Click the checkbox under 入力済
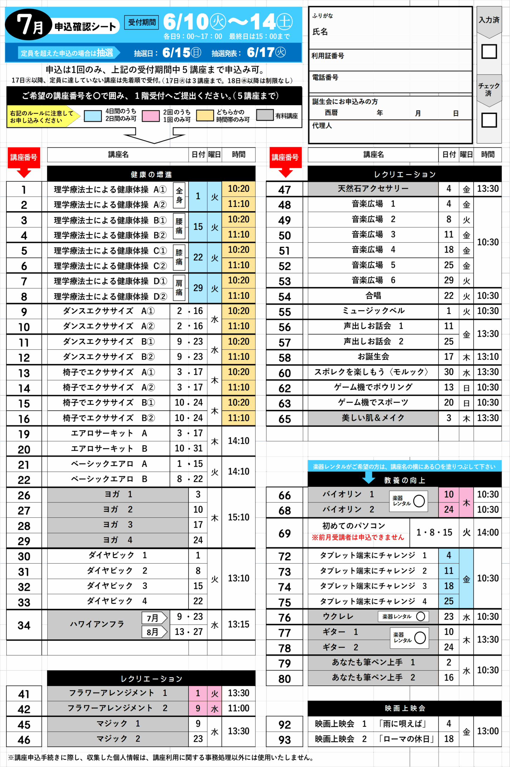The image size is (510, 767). click(489, 52)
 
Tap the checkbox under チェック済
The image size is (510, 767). click(489, 120)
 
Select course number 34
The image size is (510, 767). click(24, 625)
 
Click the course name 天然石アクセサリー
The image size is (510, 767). click(373, 188)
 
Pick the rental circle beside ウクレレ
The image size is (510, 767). click(421, 616)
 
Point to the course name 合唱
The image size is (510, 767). click(373, 295)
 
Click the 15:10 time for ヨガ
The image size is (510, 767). click(238, 517)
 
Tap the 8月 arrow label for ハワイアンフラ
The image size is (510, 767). click(154, 632)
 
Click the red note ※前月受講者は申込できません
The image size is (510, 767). click(358, 537)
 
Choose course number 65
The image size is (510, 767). click(284, 419)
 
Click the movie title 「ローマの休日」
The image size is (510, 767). click(407, 739)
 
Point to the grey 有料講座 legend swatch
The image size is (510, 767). click(264, 115)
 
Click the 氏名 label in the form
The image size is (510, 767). click(320, 31)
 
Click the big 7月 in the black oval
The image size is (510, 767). click(30, 25)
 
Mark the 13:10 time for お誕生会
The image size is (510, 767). click(488, 357)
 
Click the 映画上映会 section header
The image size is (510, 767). click(405, 708)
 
